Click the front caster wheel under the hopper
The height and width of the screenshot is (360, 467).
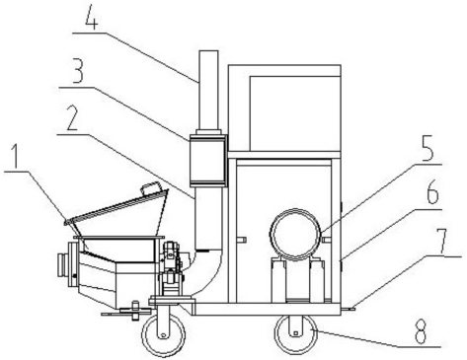coord(163,333)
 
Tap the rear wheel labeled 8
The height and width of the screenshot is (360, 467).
coord(296,334)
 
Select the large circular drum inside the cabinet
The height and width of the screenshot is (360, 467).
coord(295,234)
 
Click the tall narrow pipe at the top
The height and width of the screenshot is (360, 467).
coord(208,91)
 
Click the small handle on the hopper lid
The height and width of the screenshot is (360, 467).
coord(151,188)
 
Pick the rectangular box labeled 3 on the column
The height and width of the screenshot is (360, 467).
coord(207,160)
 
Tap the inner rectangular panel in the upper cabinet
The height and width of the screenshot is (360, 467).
coord(294,113)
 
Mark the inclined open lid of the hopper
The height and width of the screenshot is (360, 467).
coord(117,206)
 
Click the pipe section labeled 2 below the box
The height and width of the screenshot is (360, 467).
coord(208,218)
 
